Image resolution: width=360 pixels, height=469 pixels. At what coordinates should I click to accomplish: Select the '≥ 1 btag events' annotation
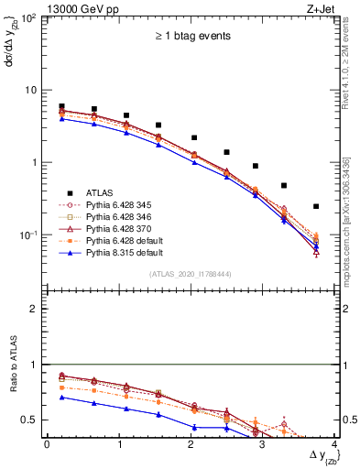click(x=191, y=37)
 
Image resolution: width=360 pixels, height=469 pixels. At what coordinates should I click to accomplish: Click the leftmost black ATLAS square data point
click(x=61, y=106)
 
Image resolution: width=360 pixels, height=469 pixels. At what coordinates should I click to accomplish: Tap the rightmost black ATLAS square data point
click(x=316, y=206)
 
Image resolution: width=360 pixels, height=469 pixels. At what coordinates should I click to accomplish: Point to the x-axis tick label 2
click(x=191, y=444)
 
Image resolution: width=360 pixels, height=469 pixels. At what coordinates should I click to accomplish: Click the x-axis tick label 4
click(x=334, y=444)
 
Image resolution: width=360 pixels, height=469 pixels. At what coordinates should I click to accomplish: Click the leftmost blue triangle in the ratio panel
click(x=61, y=398)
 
